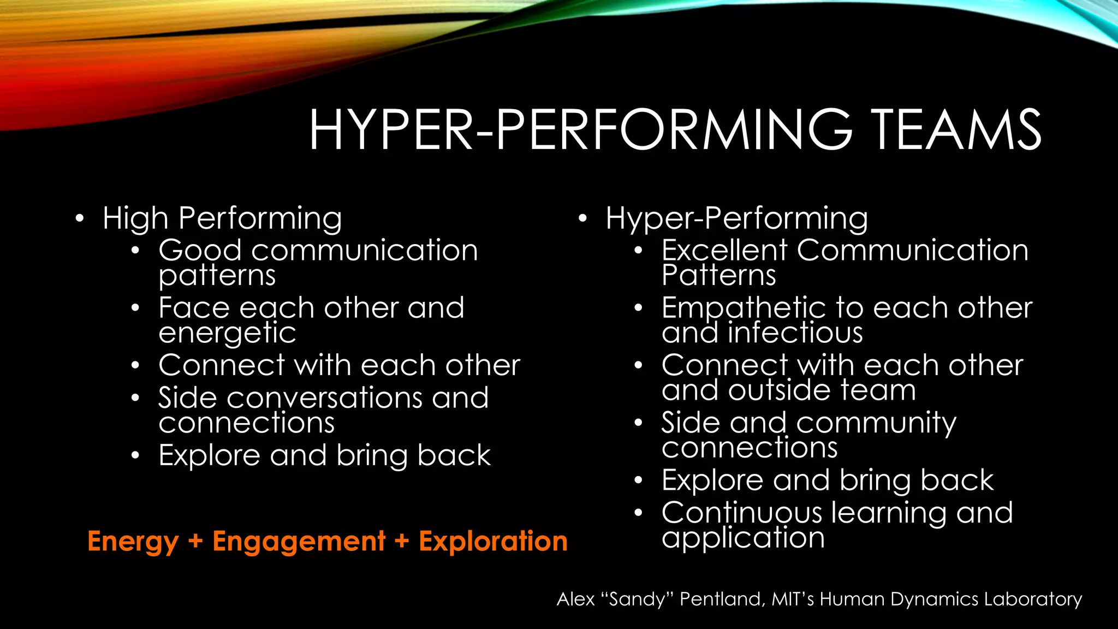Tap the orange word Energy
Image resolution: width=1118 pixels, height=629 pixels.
133,542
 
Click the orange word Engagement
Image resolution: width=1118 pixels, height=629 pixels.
299,542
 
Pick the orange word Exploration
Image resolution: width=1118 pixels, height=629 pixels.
493,542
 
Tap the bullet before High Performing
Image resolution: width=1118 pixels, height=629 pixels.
80,219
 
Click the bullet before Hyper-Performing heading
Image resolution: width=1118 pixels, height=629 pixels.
583,219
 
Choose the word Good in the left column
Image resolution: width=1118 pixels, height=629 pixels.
200,251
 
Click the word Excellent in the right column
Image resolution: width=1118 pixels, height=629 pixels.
724,251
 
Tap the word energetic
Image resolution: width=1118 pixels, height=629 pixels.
227,334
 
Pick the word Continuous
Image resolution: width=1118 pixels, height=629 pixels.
741,513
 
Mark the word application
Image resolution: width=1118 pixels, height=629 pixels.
743,538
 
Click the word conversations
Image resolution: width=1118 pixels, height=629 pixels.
324,397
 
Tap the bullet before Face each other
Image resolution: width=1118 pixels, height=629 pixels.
135,308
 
